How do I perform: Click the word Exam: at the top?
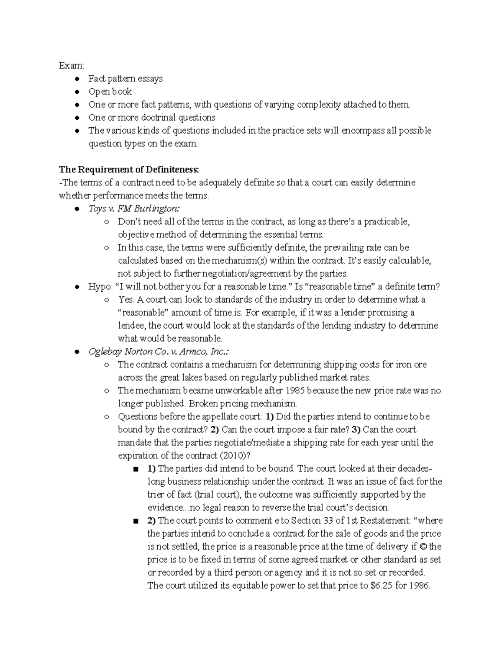click(71, 66)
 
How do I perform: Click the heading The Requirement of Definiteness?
click(129, 170)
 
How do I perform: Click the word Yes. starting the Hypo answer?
click(125, 300)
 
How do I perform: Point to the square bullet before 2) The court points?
click(135, 521)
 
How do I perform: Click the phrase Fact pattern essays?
click(125, 79)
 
